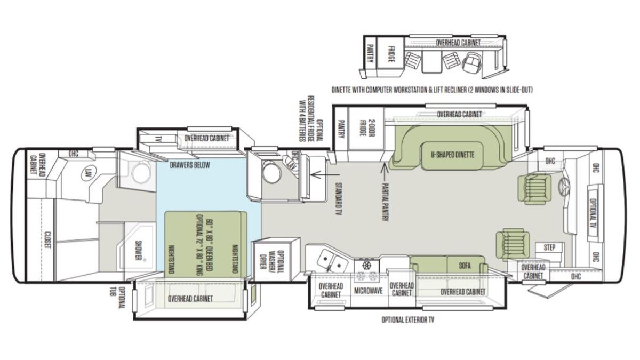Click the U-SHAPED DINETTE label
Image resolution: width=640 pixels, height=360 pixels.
[x=452, y=155]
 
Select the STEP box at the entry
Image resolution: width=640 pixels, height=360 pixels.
[x=549, y=247]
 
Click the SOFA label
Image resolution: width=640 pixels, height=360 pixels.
[x=465, y=266]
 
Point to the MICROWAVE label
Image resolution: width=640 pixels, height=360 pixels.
[x=369, y=291]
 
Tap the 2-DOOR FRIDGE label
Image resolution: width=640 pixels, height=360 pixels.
[x=367, y=128]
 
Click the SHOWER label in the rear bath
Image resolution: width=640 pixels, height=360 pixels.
[x=139, y=251]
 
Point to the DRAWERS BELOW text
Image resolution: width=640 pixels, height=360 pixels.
[x=190, y=165]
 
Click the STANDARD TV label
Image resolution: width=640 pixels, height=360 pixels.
[x=339, y=198]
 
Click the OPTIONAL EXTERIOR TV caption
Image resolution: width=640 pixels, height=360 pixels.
[x=407, y=319]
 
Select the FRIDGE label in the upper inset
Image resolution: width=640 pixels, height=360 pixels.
[x=391, y=54]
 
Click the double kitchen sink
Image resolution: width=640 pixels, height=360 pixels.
[x=332, y=260]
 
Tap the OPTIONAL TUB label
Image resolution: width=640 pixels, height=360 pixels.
[x=118, y=298]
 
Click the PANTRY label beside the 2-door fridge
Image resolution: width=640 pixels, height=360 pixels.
[x=341, y=129]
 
